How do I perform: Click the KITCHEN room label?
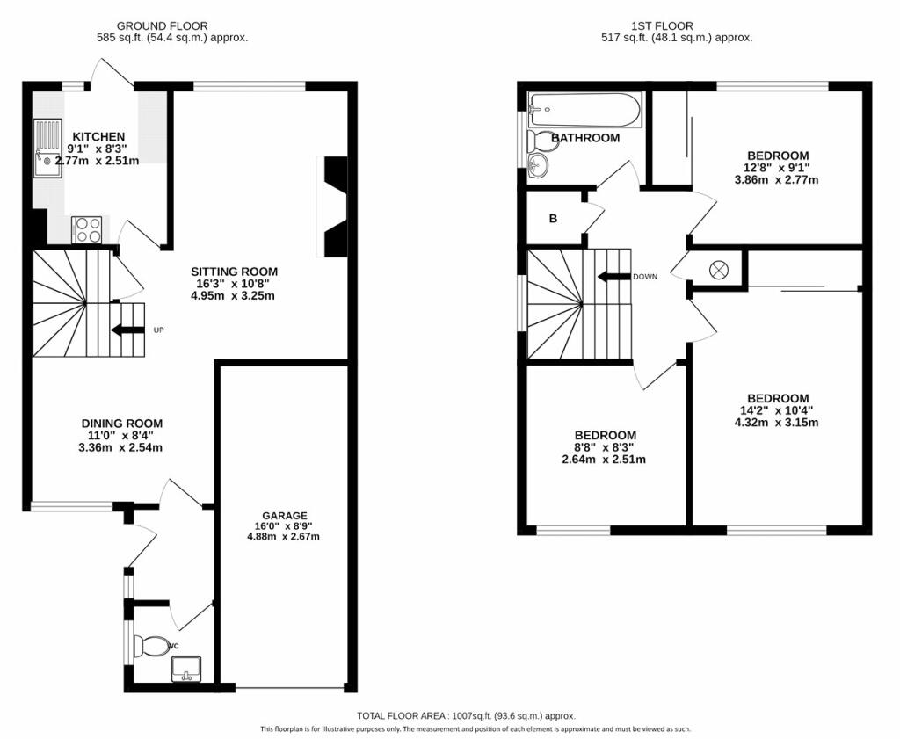coord(98,136)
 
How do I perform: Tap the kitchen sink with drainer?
coord(47,148)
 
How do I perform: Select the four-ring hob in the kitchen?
coord(87,229)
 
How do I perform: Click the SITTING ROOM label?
coord(234,272)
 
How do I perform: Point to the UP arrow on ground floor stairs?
coord(127,330)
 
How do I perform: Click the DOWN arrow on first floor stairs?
coord(613,277)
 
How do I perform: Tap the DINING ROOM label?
coord(121,424)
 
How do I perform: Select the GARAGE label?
coord(285,516)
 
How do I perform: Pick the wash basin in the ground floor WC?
coord(186,670)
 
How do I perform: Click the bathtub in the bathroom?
coord(584,110)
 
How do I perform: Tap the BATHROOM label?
coord(585,138)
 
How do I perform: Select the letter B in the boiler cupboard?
coord(554,219)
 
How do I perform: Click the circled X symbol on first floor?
coord(719,270)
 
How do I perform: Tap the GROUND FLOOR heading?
coord(162,25)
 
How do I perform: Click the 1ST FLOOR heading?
coord(662,25)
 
